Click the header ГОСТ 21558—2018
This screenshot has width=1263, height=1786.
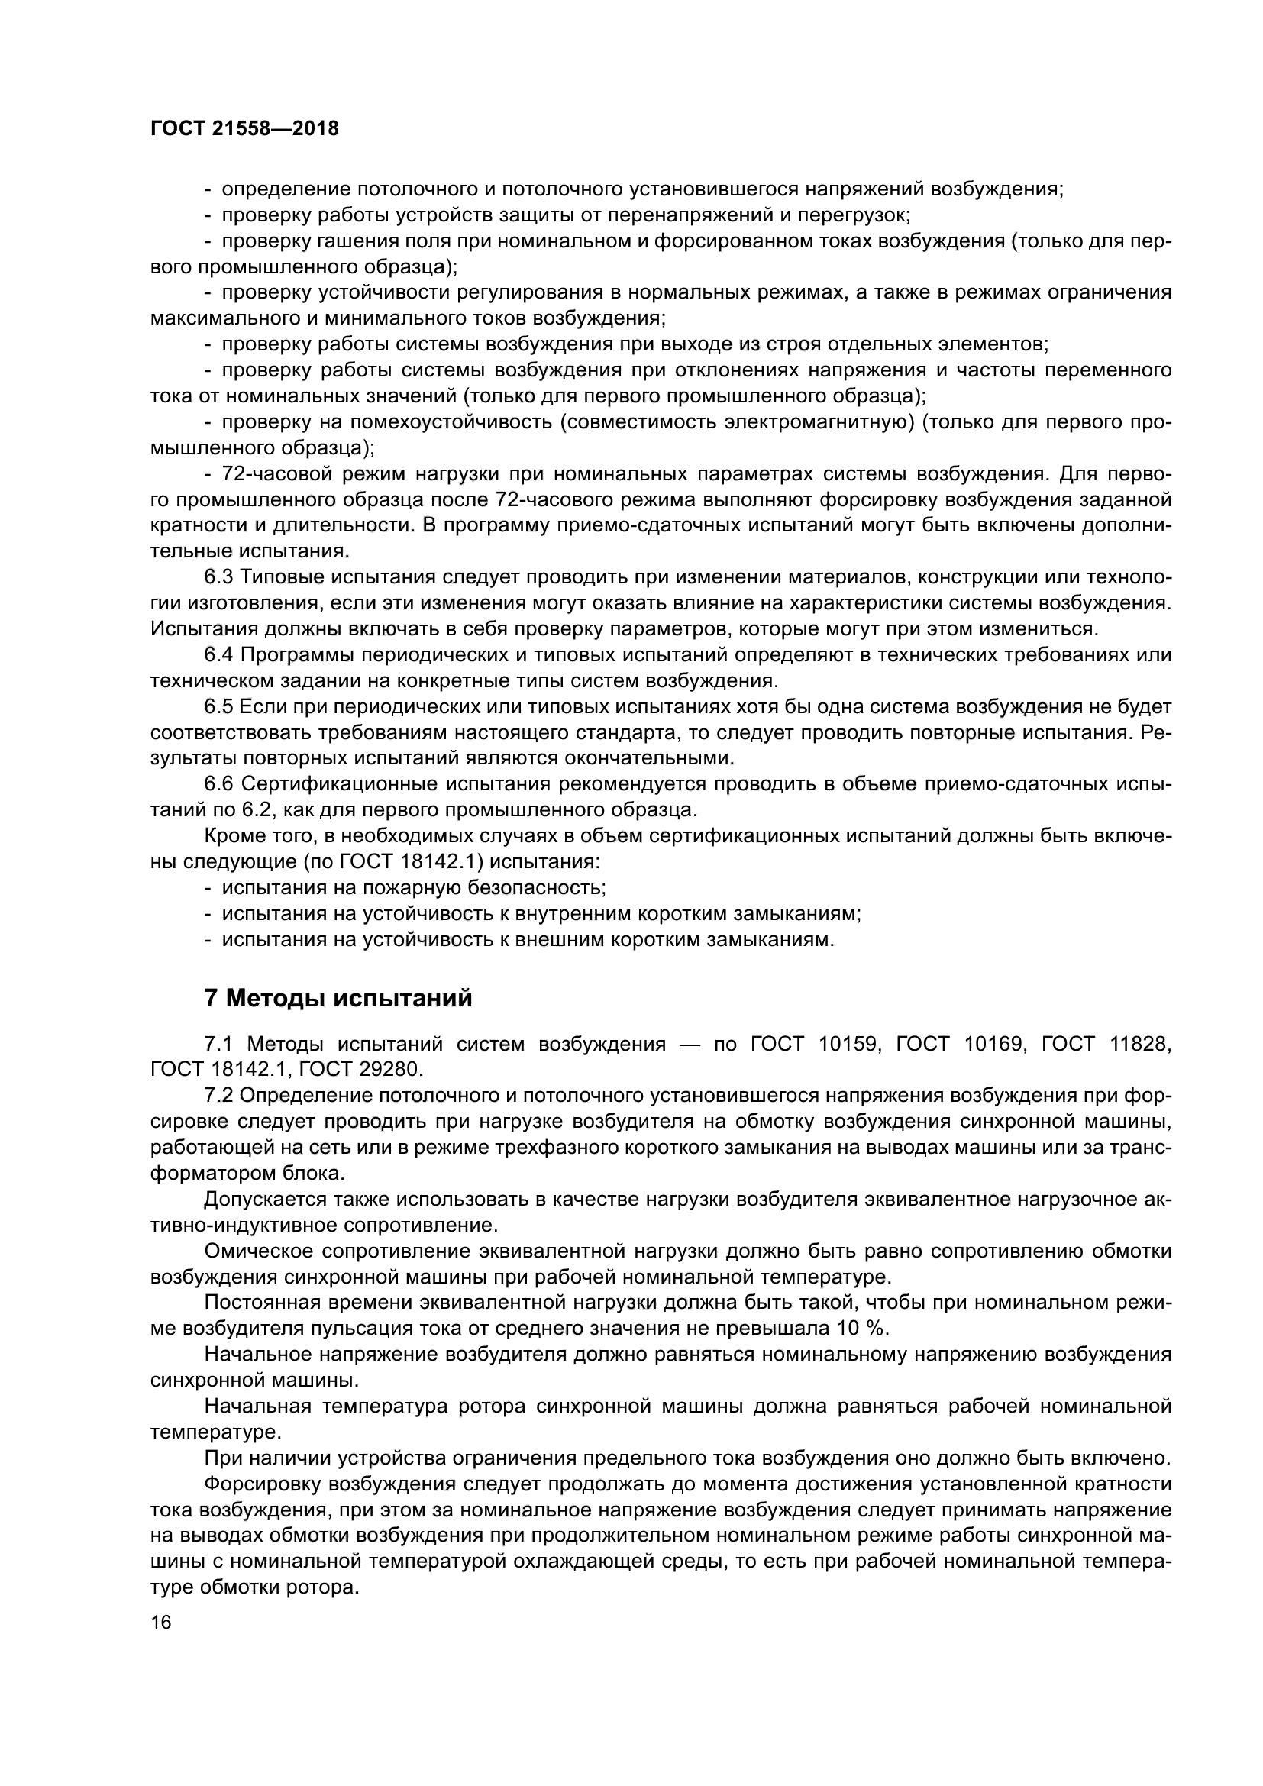(x=244, y=129)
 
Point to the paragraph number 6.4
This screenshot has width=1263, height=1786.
(x=218, y=655)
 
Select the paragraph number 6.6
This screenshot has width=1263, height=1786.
(x=218, y=784)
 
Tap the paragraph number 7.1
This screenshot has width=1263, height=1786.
(x=218, y=1044)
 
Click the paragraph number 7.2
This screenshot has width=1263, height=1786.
(x=218, y=1095)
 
